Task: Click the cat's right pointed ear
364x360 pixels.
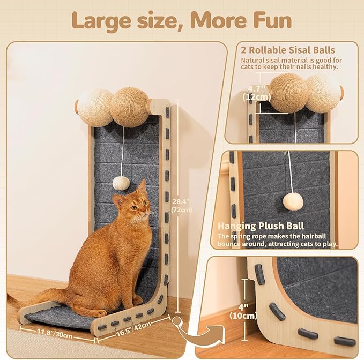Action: (x=142, y=187)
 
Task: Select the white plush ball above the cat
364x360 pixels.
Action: (x=122, y=183)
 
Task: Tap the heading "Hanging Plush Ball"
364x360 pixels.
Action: (x=261, y=226)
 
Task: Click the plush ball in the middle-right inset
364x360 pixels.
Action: (x=293, y=201)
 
